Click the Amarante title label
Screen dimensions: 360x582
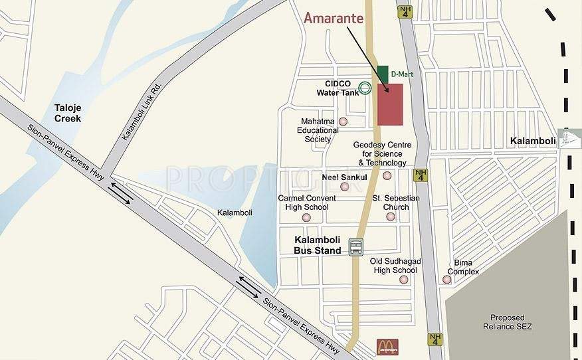pos(334,18)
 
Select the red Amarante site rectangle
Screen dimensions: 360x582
pos(390,104)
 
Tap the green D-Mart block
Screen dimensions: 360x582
pos(382,74)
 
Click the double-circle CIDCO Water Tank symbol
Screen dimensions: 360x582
pos(365,87)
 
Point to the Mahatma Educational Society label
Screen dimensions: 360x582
pos(318,131)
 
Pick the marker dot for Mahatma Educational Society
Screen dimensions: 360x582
pos(343,122)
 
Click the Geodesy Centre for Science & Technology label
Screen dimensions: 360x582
pos(382,153)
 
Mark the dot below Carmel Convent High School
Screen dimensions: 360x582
pos(306,217)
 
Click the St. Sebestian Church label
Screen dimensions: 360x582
pos(391,203)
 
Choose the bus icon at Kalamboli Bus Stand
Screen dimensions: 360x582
pos(356,246)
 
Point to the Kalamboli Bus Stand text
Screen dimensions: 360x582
pos(318,245)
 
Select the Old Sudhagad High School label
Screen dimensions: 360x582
pos(394,266)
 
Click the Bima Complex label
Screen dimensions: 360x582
pos(463,268)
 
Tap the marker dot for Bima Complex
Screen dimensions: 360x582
pos(446,280)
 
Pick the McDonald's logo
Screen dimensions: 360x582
pos(387,346)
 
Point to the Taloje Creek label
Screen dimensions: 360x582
pos(68,113)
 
